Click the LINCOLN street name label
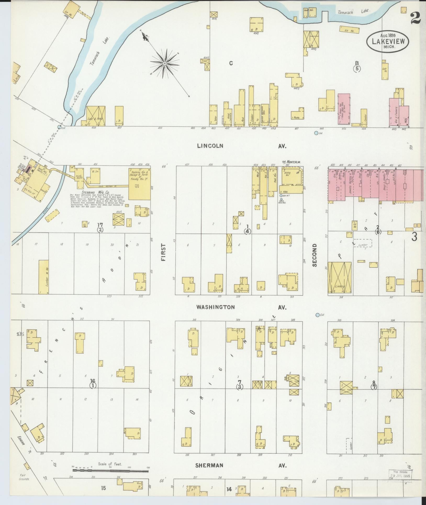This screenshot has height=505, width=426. pyautogui.click(x=210, y=146)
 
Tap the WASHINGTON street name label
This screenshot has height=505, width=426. pyautogui.click(x=216, y=307)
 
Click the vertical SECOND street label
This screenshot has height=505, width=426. pyautogui.click(x=314, y=255)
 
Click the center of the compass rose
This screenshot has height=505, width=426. pyautogui.click(x=165, y=64)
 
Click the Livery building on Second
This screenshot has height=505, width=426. pyautogui.click(x=339, y=278)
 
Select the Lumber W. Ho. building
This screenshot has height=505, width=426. pyautogui.click(x=44, y=277)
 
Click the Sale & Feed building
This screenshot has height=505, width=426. pyautogui.click(x=96, y=116)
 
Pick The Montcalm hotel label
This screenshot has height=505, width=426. pyautogui.click(x=291, y=162)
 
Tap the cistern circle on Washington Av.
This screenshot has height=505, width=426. pyautogui.click(x=318, y=315)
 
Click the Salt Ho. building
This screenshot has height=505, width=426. pyautogui.click(x=385, y=71)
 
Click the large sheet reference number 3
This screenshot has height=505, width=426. pyautogui.click(x=414, y=237)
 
